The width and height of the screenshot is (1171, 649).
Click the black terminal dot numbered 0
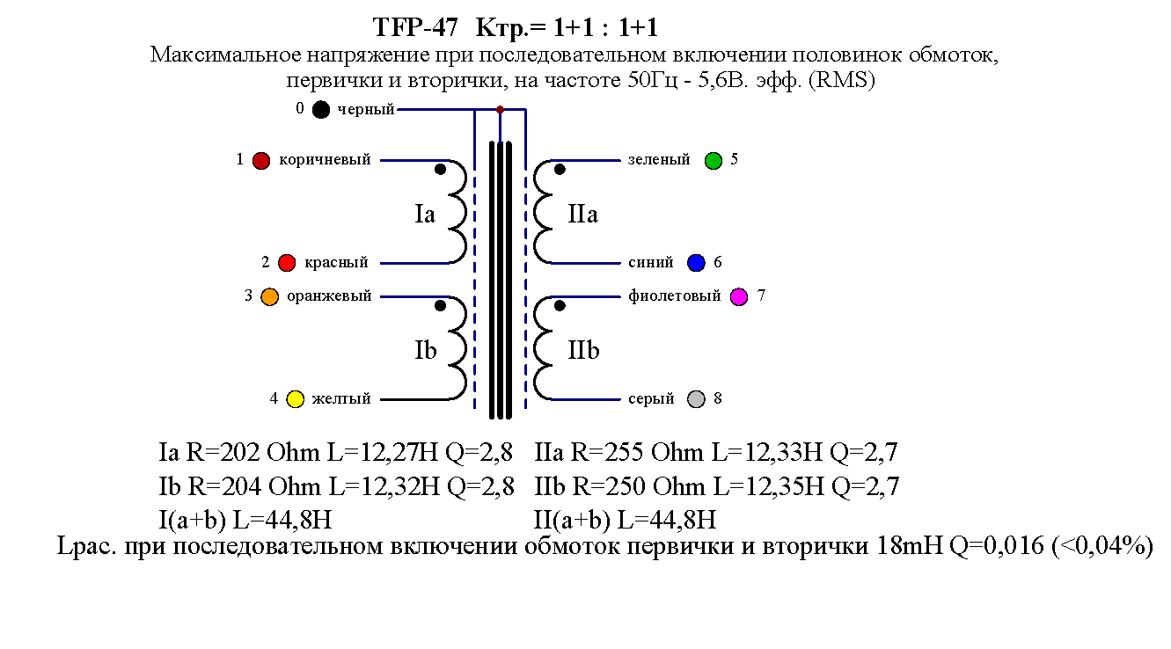click(x=321, y=110)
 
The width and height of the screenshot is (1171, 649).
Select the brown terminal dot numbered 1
click(x=260, y=161)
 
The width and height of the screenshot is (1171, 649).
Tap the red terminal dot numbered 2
click(x=287, y=263)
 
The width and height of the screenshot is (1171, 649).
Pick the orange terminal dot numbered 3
click(x=270, y=297)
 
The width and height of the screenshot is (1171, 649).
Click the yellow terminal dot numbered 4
click(x=296, y=399)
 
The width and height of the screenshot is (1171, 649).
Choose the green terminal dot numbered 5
click(x=714, y=161)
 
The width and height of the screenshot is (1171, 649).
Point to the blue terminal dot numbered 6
click(x=697, y=263)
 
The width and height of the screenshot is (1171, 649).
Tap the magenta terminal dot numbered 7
click(x=739, y=296)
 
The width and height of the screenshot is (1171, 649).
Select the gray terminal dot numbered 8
click(x=697, y=399)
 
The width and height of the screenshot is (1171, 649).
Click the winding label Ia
click(x=425, y=215)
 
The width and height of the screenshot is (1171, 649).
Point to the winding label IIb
click(x=583, y=351)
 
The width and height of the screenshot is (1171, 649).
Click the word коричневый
click(x=325, y=161)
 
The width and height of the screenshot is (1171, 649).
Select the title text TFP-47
click(x=415, y=27)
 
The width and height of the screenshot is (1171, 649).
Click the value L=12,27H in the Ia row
click(x=383, y=454)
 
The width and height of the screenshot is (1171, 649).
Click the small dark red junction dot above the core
click(x=501, y=110)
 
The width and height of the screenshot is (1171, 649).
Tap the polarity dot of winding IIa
click(x=560, y=170)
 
